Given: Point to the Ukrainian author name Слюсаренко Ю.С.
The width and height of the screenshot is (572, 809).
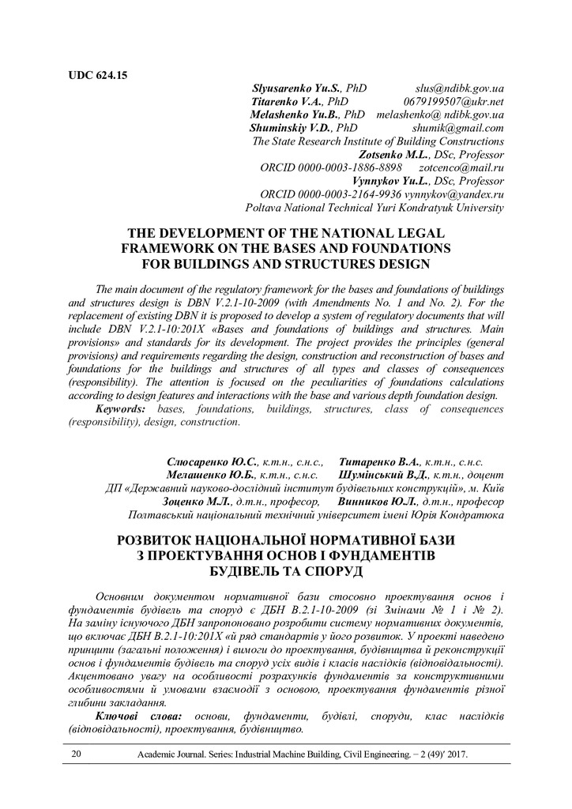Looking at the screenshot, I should click(x=211, y=461).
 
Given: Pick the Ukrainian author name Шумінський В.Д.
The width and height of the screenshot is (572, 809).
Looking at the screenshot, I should click(x=382, y=475).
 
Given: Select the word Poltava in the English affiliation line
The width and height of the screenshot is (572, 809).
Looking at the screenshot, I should click(x=265, y=208).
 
